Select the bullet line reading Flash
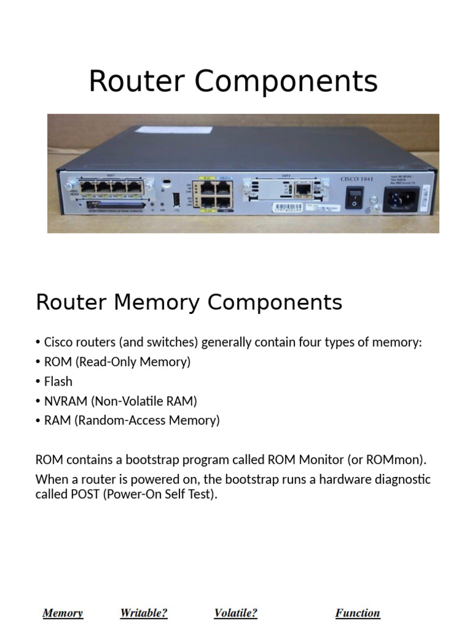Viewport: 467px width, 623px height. click(x=58, y=381)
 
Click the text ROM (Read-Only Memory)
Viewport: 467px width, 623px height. click(x=117, y=362)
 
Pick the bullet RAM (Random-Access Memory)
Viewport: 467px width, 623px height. click(x=132, y=420)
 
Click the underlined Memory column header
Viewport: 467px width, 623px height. click(x=63, y=613)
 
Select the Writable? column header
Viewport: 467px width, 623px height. click(x=144, y=613)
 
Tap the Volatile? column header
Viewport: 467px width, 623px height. click(x=235, y=613)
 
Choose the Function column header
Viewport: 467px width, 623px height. click(x=358, y=613)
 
